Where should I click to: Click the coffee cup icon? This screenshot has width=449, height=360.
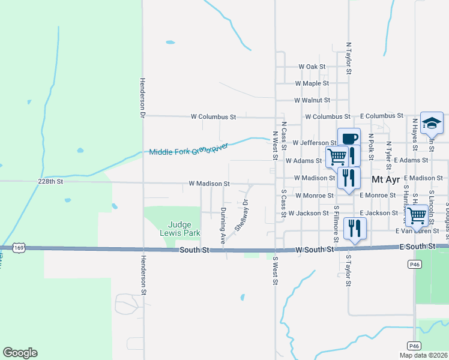point(349,139)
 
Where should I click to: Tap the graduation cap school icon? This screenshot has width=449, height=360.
point(432,122)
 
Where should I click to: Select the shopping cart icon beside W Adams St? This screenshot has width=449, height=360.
point(337,157)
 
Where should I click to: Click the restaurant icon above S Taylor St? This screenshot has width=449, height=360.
point(355,227)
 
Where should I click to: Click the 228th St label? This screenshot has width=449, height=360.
point(50,182)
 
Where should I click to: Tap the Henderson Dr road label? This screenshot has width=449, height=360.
point(143,97)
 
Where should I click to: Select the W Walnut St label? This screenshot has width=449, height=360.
point(312,100)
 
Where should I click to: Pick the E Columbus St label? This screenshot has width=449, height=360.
point(381,116)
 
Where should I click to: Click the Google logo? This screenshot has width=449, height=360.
point(20,353)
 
